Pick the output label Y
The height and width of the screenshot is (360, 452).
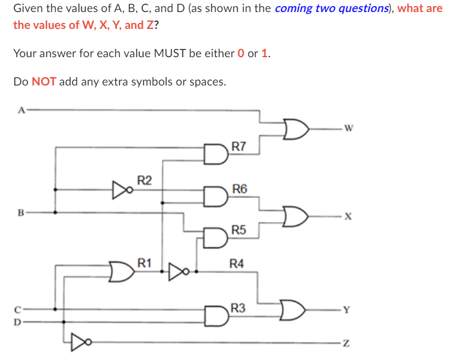345,311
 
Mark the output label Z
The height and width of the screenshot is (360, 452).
345,343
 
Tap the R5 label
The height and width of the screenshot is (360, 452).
238,230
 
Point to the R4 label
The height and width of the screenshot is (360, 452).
237,263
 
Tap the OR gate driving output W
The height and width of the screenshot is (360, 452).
295,127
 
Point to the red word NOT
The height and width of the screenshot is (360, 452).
44,81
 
